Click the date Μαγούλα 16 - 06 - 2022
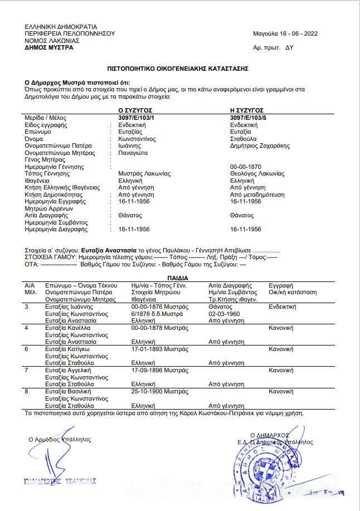[285, 33]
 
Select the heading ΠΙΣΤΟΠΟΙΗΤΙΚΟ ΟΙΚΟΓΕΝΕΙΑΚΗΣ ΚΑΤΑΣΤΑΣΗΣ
[178, 68]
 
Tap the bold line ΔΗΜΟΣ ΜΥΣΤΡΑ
[48, 47]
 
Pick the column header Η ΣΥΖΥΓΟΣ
[246, 111]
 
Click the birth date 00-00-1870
[245, 167]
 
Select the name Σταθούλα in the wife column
[243, 139]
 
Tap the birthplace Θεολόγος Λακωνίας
[257, 174]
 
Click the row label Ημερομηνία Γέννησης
[54, 167]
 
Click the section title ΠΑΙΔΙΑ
[178, 278]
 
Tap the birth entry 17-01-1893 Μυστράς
[159, 349]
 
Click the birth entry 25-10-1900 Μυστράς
[159, 392]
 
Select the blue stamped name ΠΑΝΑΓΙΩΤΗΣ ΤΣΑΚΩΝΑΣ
[60, 480]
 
